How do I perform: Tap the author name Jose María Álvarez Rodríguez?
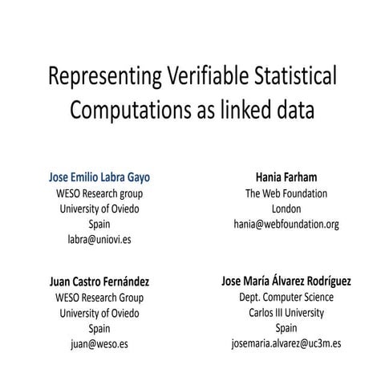(286, 282)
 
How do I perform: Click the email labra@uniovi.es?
(99, 239)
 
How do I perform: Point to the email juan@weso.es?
(99, 344)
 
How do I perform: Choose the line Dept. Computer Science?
(286, 298)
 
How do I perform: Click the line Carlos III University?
(286, 313)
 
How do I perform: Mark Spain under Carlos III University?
(286, 328)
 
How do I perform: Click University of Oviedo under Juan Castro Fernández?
(99, 313)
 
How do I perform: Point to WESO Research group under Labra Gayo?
(99, 193)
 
